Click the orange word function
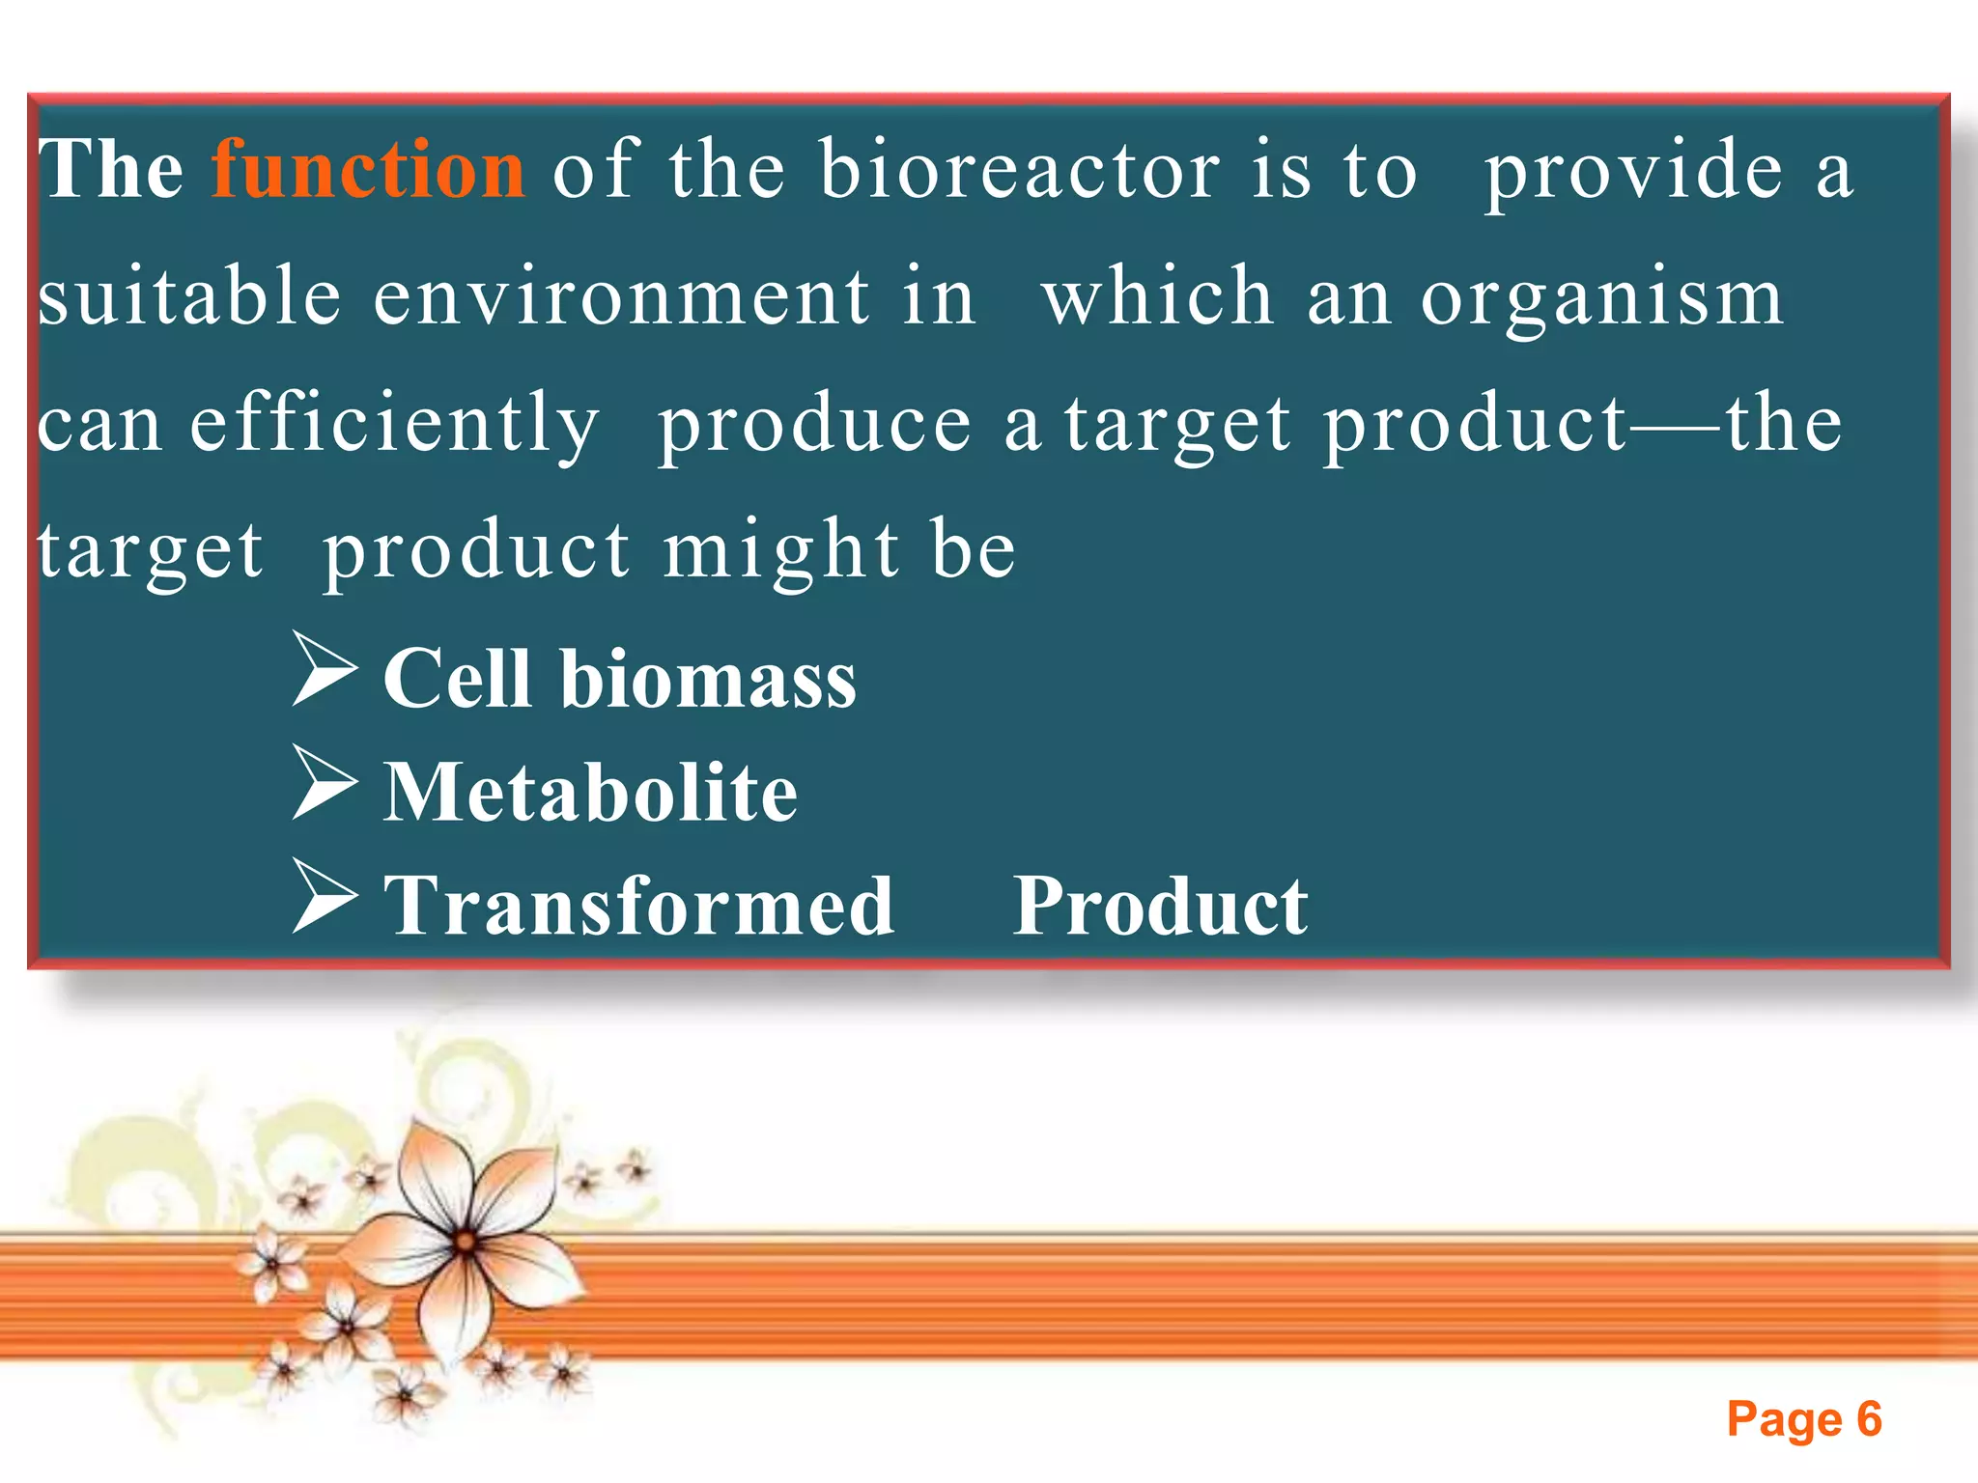point(368,170)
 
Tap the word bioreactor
point(1020,170)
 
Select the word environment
point(621,297)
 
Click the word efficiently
point(394,425)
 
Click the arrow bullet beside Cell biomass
point(325,668)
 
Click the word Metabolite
point(590,792)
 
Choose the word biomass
point(708,678)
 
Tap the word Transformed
point(638,906)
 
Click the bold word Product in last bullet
point(1160,906)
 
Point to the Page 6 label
point(1803,1419)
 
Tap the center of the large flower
point(465,1242)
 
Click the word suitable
point(189,297)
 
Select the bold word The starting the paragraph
point(111,170)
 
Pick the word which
point(1157,297)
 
